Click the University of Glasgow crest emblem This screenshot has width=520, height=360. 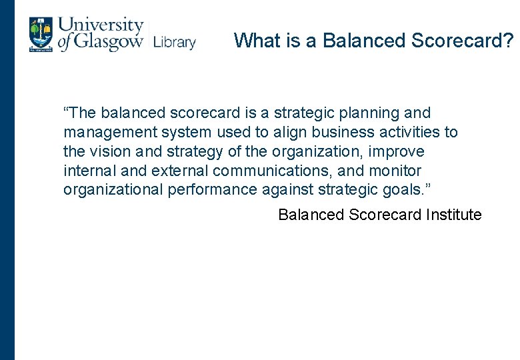(40, 35)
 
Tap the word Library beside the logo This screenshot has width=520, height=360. (174, 43)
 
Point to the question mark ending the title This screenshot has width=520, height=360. (509, 41)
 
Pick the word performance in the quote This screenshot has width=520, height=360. (211, 190)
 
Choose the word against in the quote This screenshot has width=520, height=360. (285, 190)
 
